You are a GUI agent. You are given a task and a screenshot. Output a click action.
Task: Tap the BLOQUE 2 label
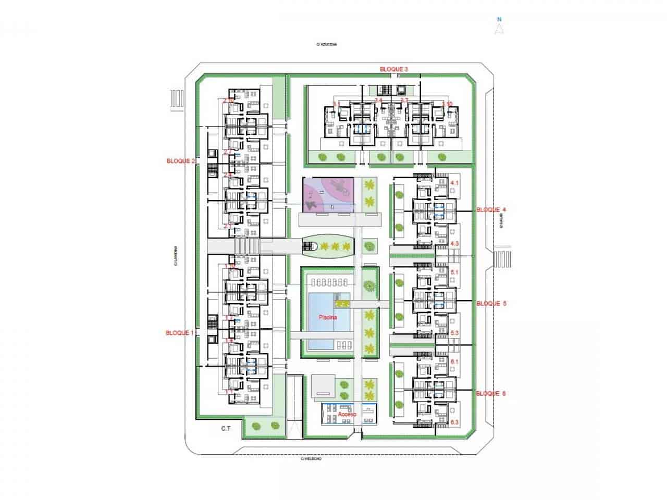pyautogui.click(x=180, y=161)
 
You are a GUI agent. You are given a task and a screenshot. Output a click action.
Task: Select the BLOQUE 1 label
pyautogui.click(x=180, y=332)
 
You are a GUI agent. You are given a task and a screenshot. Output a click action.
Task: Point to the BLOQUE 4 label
pyautogui.click(x=491, y=209)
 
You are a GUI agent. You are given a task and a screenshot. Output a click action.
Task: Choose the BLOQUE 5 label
pyautogui.click(x=491, y=303)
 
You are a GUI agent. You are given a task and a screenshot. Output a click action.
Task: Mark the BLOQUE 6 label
pyautogui.click(x=491, y=394)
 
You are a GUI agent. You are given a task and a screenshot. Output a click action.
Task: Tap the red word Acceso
pyautogui.click(x=347, y=414)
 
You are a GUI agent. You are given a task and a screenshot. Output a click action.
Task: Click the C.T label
pyautogui.click(x=226, y=429)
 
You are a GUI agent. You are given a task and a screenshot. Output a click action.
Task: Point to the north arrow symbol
pyautogui.click(x=499, y=29)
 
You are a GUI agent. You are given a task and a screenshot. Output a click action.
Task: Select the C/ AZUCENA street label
pyautogui.click(x=327, y=45)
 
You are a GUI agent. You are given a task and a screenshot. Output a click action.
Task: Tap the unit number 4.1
pyautogui.click(x=454, y=183)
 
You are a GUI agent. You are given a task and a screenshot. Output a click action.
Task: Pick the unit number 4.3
pyautogui.click(x=454, y=243)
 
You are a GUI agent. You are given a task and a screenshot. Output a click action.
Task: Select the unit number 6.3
pyautogui.click(x=454, y=421)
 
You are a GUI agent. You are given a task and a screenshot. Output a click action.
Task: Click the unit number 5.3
pyautogui.click(x=454, y=332)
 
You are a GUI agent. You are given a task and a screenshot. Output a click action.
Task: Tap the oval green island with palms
pyautogui.click(x=328, y=246)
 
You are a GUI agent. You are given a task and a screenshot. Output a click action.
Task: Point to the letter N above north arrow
pyautogui.click(x=499, y=19)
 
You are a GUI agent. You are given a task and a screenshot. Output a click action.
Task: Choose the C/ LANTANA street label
pyautogui.click(x=177, y=256)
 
